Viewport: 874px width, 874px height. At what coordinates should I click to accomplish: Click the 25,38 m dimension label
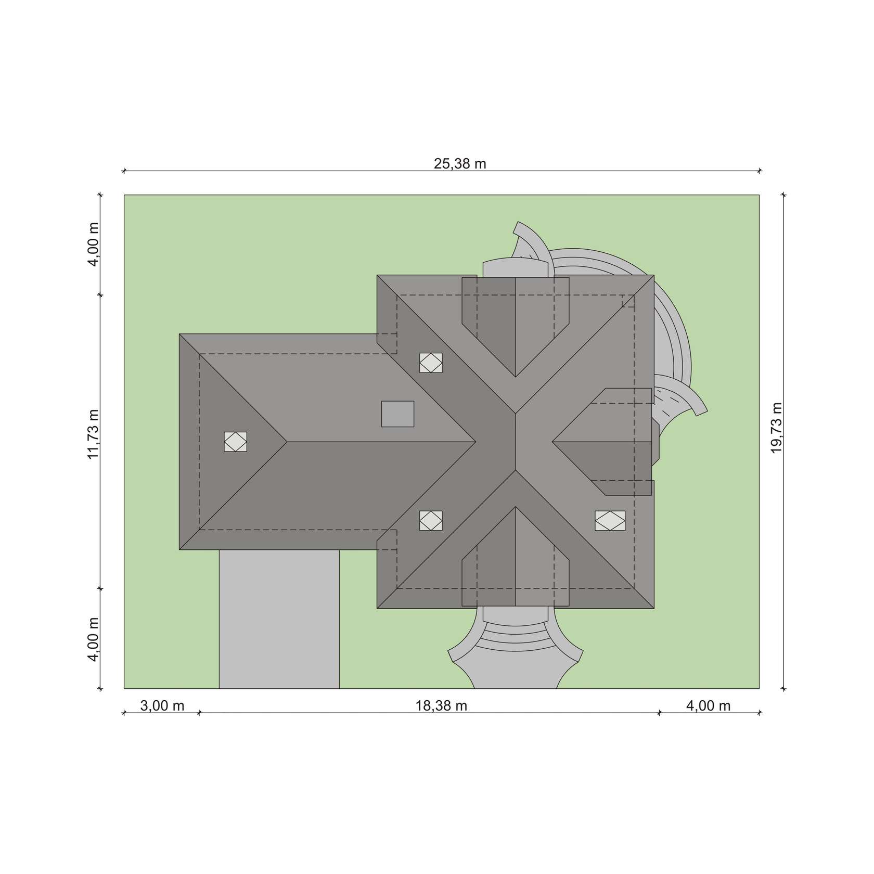(x=460, y=164)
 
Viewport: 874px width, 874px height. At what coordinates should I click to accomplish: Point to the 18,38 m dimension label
(x=441, y=706)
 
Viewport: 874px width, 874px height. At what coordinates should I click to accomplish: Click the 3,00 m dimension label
(x=162, y=706)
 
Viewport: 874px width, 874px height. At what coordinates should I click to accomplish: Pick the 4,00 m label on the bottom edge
(x=709, y=706)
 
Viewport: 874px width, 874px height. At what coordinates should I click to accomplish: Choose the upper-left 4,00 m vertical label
(x=93, y=244)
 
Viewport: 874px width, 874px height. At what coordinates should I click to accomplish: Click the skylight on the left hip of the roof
(x=236, y=442)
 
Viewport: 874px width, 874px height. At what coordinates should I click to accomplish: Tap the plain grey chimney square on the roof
(x=397, y=414)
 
